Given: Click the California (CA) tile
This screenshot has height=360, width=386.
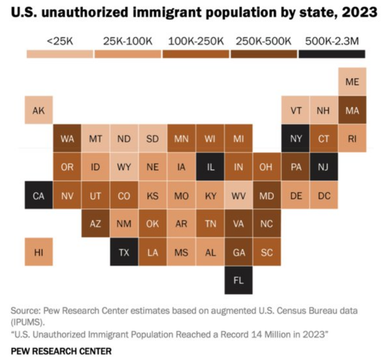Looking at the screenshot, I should click(x=38, y=196).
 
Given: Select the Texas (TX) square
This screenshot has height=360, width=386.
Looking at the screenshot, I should click(x=124, y=252).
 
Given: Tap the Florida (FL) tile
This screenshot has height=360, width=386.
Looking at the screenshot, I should click(x=238, y=280).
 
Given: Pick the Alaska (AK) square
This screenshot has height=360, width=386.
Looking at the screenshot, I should click(x=38, y=110).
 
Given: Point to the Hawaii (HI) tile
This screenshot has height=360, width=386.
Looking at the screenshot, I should click(x=38, y=252).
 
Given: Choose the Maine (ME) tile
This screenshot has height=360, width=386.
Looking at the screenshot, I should click(x=352, y=82).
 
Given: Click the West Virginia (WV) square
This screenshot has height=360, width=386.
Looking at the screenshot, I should click(x=238, y=196).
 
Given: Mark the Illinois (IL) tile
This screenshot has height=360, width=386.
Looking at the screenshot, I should click(x=210, y=167).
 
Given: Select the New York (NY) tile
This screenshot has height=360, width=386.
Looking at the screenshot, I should click(x=296, y=138).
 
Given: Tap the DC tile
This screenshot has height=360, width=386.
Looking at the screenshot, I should click(x=324, y=196).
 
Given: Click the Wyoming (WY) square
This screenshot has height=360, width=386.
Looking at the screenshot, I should click(x=124, y=167).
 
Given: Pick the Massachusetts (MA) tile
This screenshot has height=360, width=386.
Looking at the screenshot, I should click(x=352, y=110).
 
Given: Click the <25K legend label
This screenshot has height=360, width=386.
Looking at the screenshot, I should click(x=59, y=41).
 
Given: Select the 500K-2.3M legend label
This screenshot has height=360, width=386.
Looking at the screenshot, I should click(x=332, y=41).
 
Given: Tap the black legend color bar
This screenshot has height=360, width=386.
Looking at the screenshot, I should click(x=332, y=54).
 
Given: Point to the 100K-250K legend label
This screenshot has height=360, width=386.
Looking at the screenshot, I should click(x=196, y=41).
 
